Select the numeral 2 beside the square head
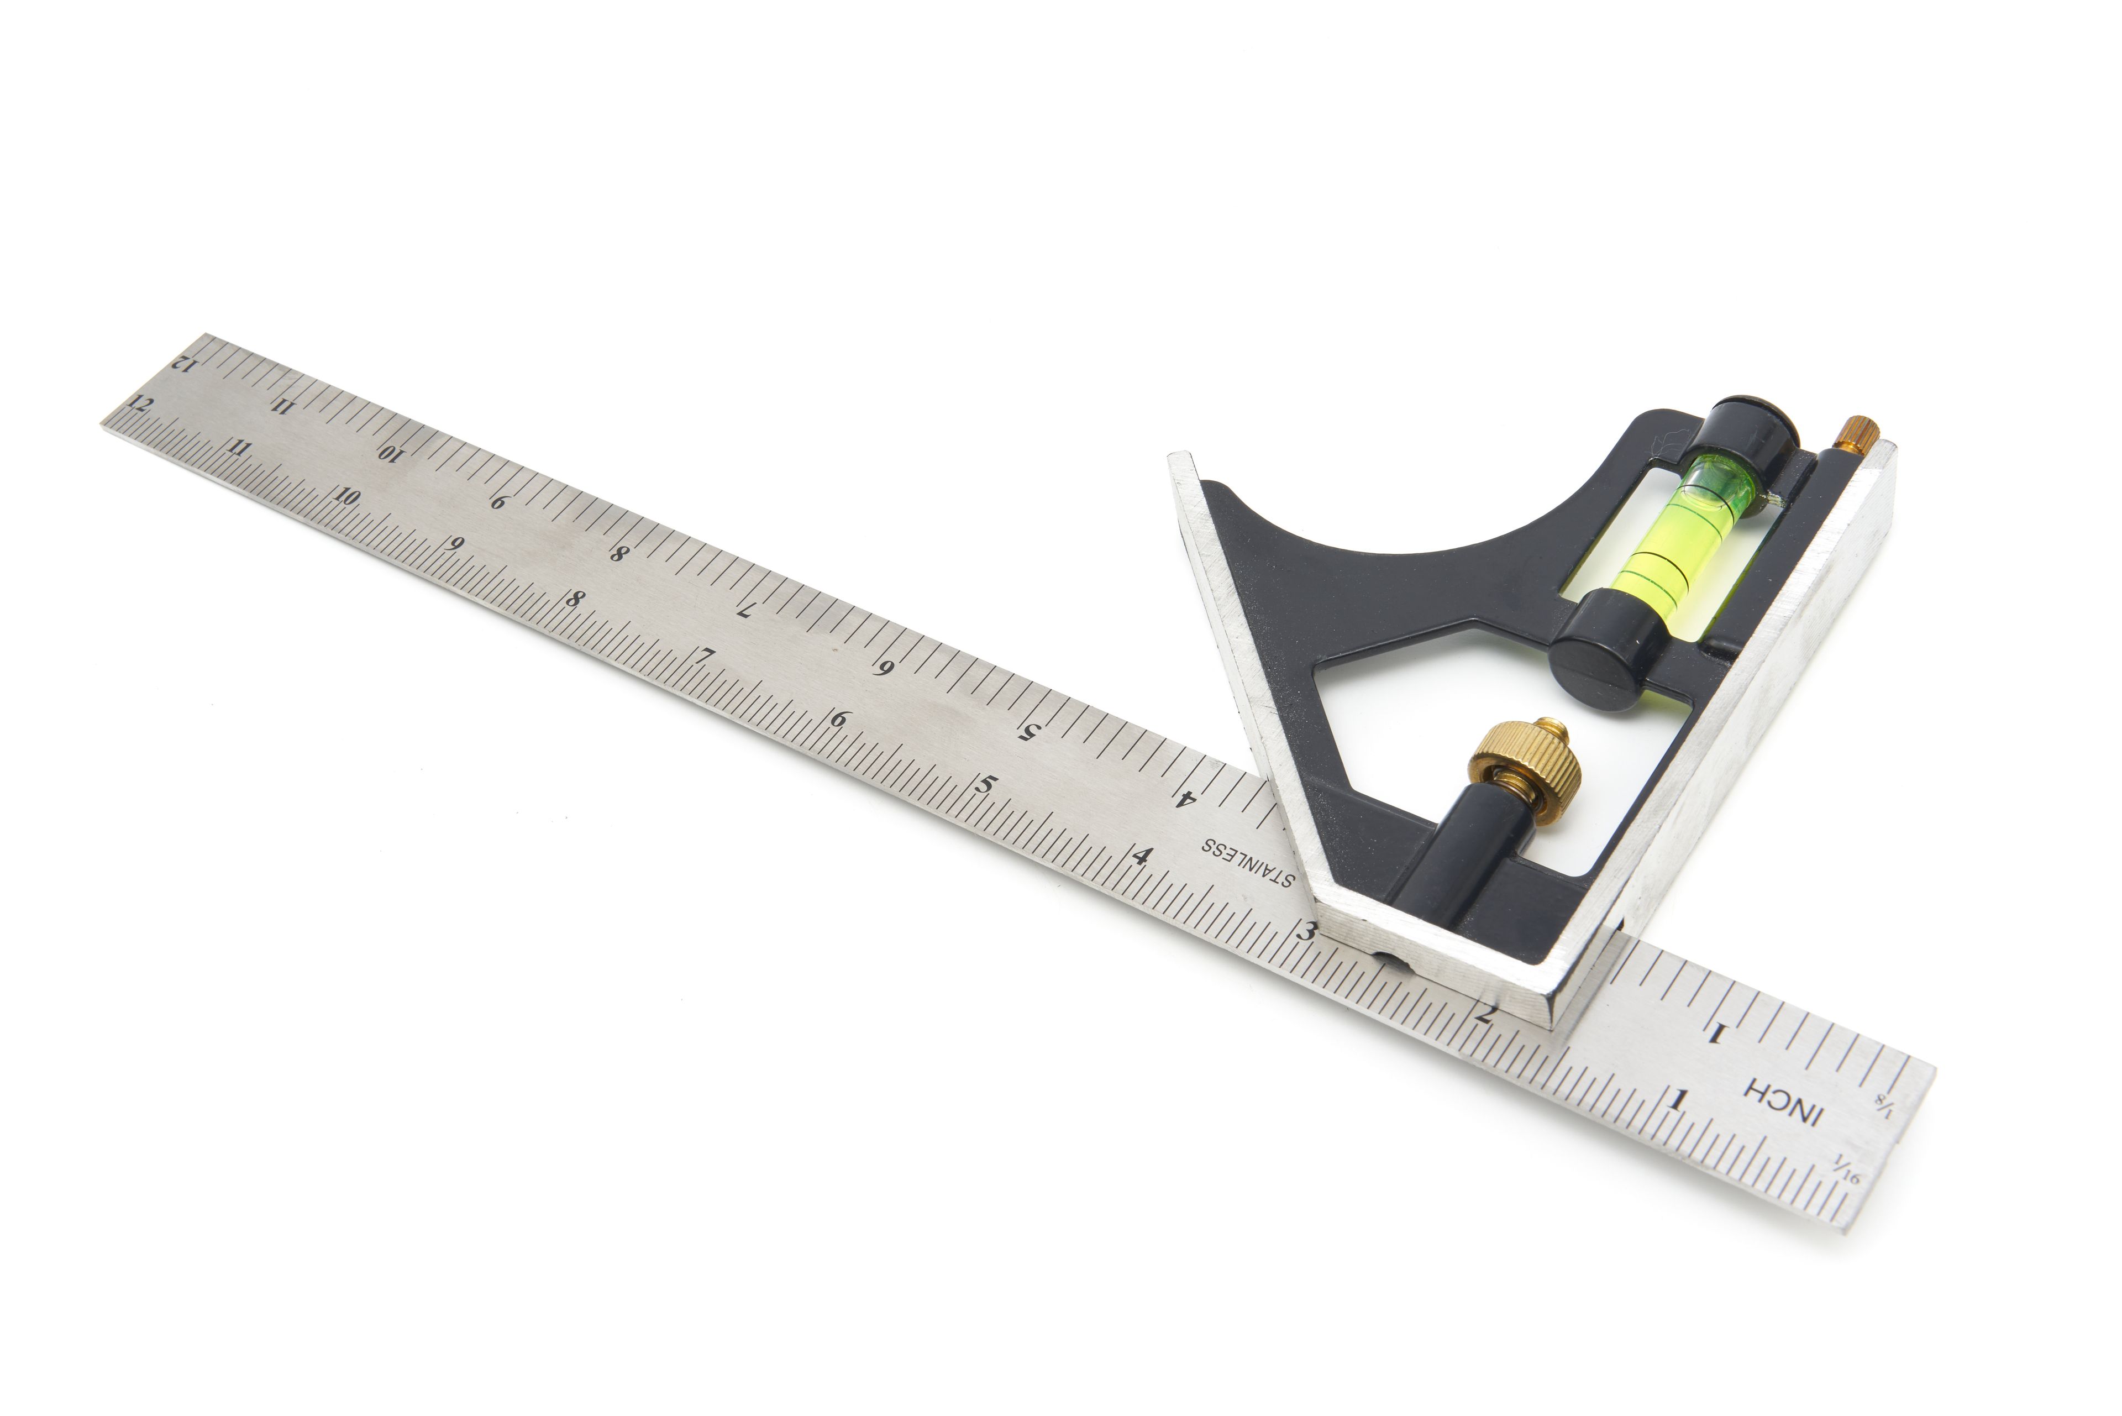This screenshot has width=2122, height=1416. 1483,1014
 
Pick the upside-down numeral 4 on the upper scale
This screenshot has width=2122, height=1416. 1185,798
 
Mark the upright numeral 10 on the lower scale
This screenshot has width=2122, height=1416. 348,497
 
